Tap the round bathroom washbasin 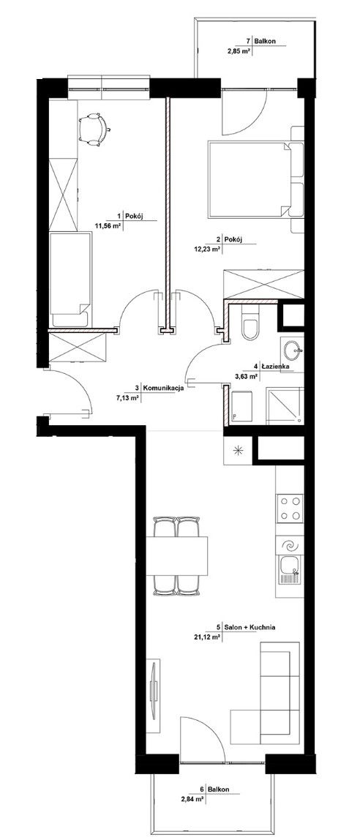pos(292,351)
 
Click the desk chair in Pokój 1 pos(94,129)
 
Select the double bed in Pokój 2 pos(250,179)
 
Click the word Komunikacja pos(165,389)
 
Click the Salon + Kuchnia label pos(249,627)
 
